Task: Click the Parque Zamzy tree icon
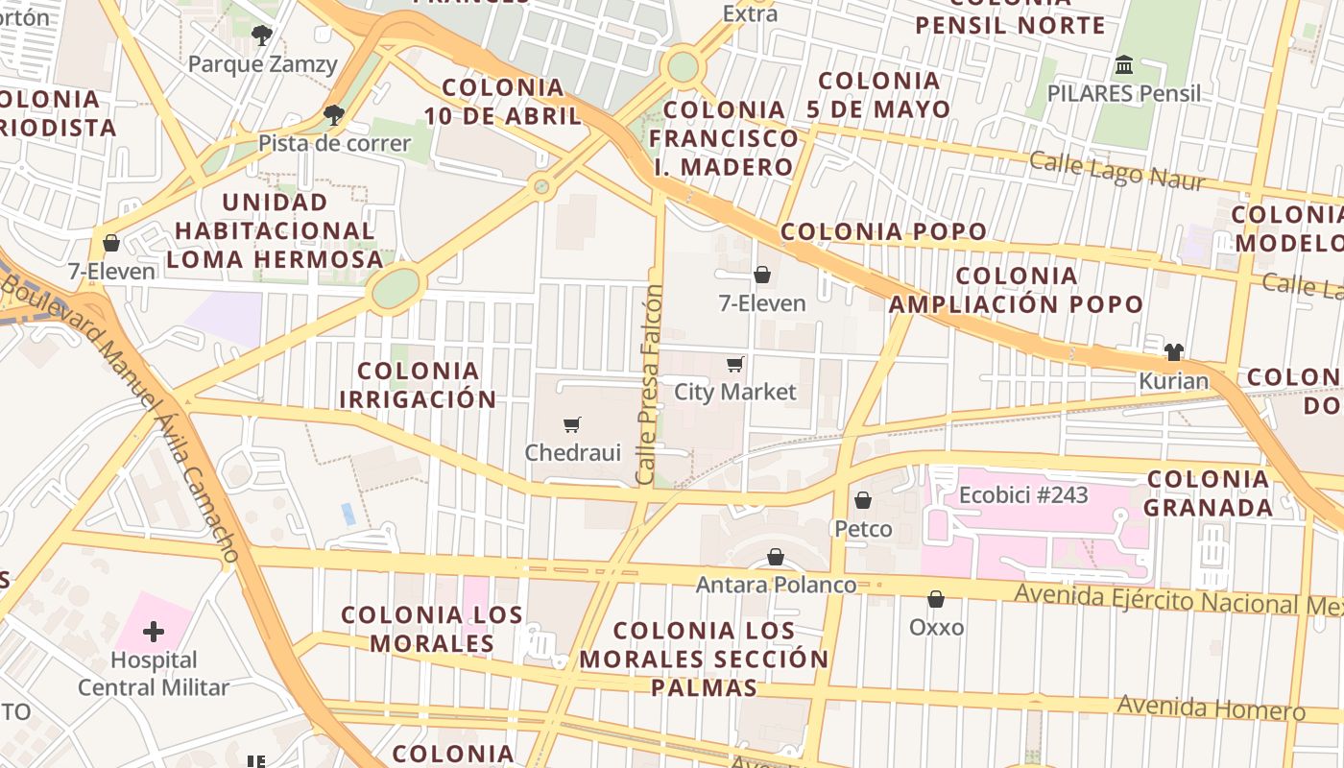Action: click(261, 36)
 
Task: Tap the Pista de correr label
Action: click(334, 144)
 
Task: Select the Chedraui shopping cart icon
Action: click(572, 424)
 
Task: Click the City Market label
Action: click(735, 392)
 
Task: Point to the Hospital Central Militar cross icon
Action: click(154, 632)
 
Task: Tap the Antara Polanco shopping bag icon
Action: click(776, 558)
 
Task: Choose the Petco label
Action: click(863, 529)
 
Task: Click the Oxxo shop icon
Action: click(936, 600)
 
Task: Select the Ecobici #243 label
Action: click(1023, 495)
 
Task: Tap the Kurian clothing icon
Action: click(1173, 352)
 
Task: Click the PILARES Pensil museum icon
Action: click(1124, 65)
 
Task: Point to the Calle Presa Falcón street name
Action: click(650, 384)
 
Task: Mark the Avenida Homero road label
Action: click(1211, 708)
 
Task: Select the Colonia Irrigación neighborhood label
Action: click(418, 385)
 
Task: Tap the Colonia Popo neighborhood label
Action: click(883, 231)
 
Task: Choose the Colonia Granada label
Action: click(1208, 492)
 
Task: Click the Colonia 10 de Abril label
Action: click(503, 102)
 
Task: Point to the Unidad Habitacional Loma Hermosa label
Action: click(276, 231)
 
